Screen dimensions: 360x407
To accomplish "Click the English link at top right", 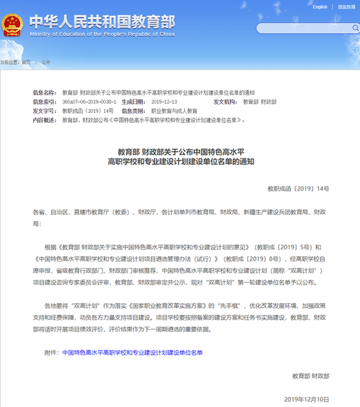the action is pyautogui.click(x=320, y=7).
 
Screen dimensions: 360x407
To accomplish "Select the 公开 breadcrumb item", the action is pyautogui.click(x=46, y=62).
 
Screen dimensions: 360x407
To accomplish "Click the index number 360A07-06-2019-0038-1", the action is pyautogui.click(x=89, y=101).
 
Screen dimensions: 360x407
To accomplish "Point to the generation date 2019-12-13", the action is pyautogui.click(x=163, y=101).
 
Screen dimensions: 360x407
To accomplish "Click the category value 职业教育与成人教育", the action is pyautogui.click(x=174, y=111).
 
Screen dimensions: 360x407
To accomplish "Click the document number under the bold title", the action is pyautogui.click(x=298, y=189).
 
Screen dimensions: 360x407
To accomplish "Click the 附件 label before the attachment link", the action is pyautogui.click(x=52, y=353).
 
